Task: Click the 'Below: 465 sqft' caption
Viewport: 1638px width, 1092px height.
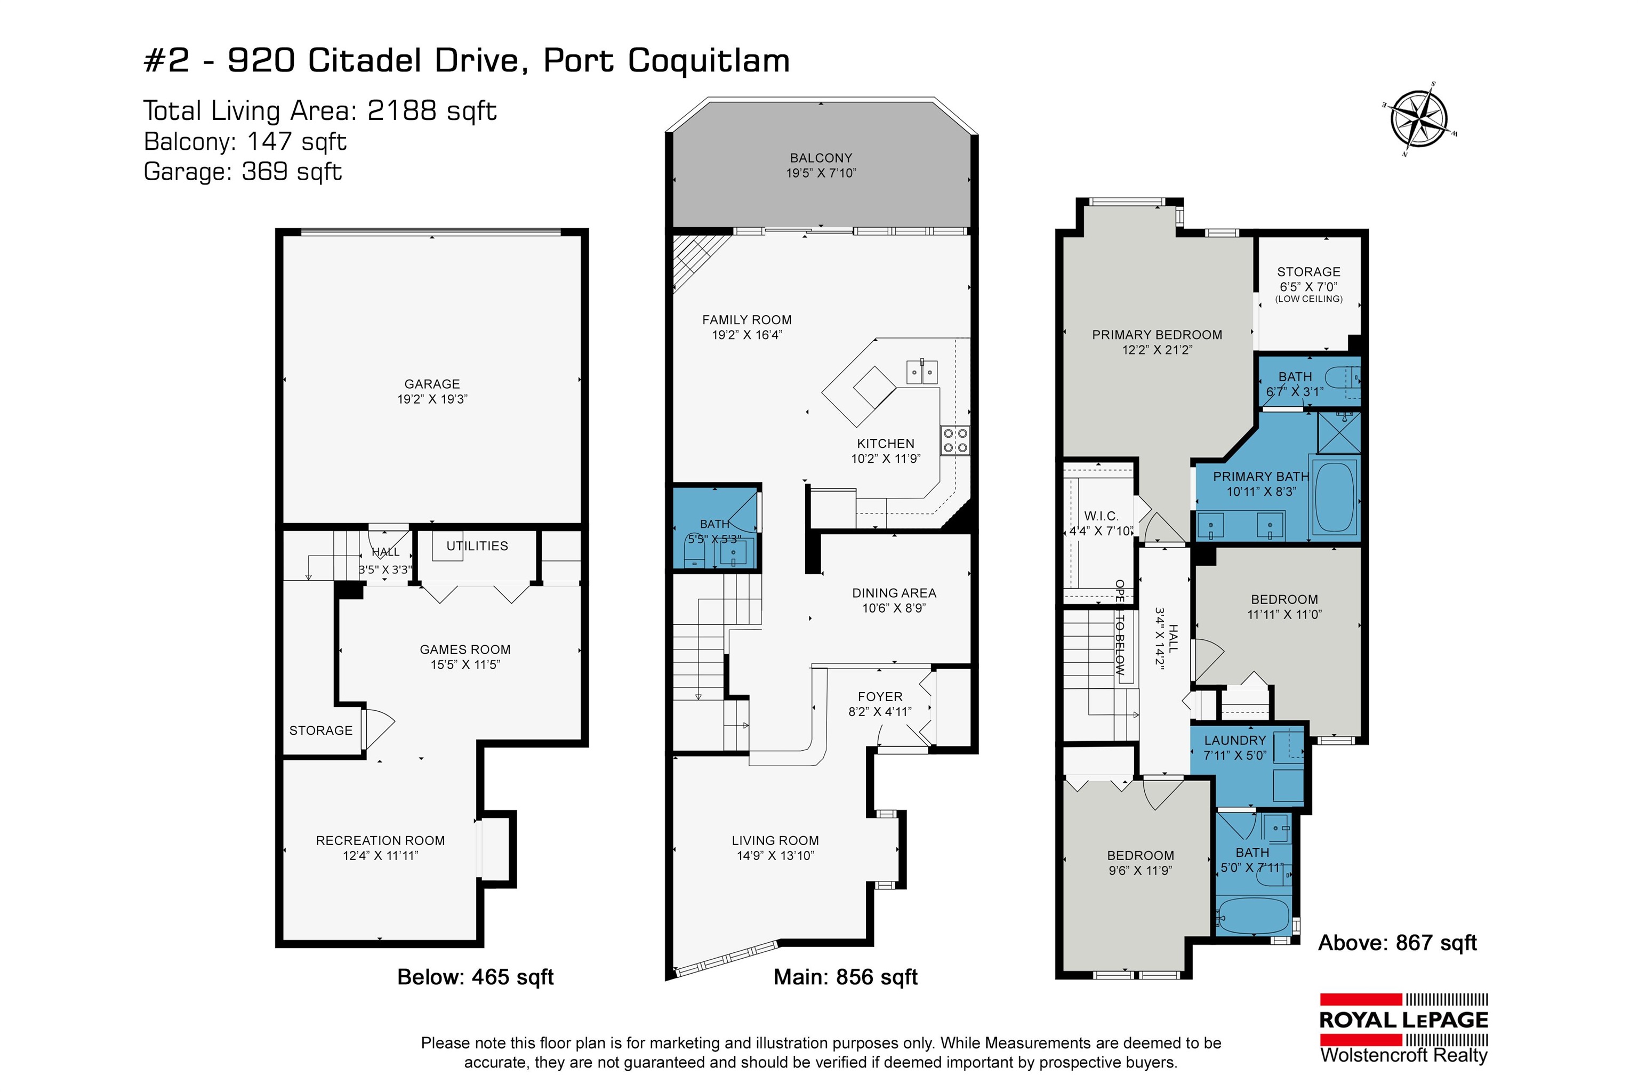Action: pyautogui.click(x=475, y=977)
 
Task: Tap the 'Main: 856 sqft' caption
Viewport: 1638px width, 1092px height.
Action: pyautogui.click(x=846, y=977)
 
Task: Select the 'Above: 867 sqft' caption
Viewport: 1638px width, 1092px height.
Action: pyautogui.click(x=1397, y=943)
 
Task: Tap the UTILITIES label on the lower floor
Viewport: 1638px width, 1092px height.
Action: pyautogui.click(x=477, y=546)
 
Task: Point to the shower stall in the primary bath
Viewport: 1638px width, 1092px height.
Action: pyautogui.click(x=1338, y=432)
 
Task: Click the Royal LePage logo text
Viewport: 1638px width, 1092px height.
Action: pyautogui.click(x=1403, y=1019)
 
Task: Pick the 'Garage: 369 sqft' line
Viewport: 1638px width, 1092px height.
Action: pyautogui.click(x=243, y=171)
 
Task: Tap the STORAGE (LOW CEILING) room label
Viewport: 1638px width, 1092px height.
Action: pyautogui.click(x=1308, y=285)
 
